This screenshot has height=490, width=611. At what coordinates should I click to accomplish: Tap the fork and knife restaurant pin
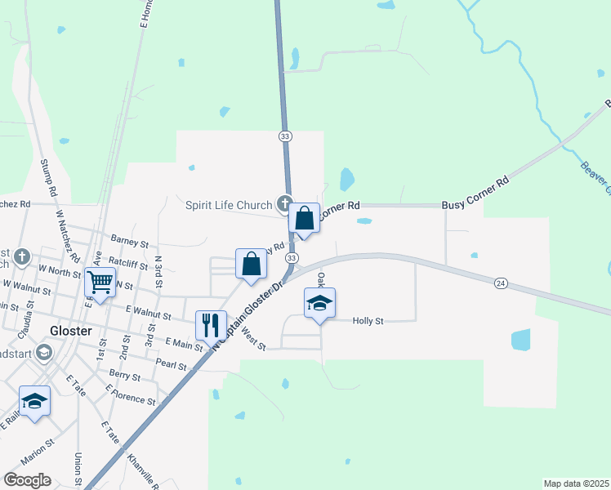211,324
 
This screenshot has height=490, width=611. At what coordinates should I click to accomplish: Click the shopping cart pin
100,283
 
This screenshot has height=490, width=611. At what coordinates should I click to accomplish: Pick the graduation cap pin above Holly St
320,304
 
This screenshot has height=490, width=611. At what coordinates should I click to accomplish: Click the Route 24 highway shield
501,283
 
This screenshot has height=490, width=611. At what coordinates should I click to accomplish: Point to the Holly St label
368,322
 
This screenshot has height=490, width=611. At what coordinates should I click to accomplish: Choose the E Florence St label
130,395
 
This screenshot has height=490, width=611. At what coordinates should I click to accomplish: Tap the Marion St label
38,452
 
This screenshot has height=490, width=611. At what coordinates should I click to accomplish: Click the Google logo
27,480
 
